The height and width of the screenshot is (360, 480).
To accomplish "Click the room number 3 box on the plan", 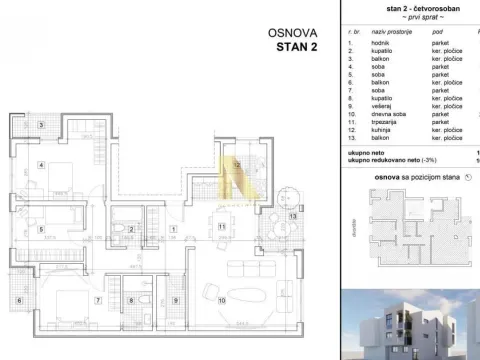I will tap(41, 125).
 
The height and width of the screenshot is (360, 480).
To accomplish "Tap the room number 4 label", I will tap(41, 164).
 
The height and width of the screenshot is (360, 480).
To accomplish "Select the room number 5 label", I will tap(41, 229).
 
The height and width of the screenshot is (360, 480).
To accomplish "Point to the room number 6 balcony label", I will tap(19, 300).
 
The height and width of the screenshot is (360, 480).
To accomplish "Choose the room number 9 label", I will tap(175, 300).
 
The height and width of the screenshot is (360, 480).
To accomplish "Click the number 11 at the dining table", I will tap(220, 228).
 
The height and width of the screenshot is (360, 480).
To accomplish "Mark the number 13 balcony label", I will tap(292, 215).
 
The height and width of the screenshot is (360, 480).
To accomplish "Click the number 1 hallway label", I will tap(175, 229).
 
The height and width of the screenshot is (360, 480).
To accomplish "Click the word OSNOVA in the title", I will tap(292, 32).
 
